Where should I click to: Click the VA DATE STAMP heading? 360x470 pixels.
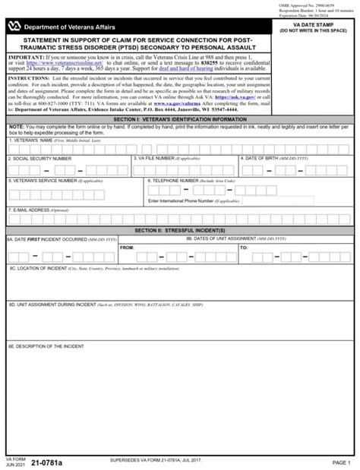pyautogui.click(x=313, y=25)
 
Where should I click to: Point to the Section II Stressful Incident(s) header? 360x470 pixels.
pyautogui.click(x=180, y=229)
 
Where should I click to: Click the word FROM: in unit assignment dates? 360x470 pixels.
pyautogui.click(x=127, y=248)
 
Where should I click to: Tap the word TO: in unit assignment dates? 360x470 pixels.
pyautogui.click(x=244, y=248)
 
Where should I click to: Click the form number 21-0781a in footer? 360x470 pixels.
pyautogui.click(x=54, y=462)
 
